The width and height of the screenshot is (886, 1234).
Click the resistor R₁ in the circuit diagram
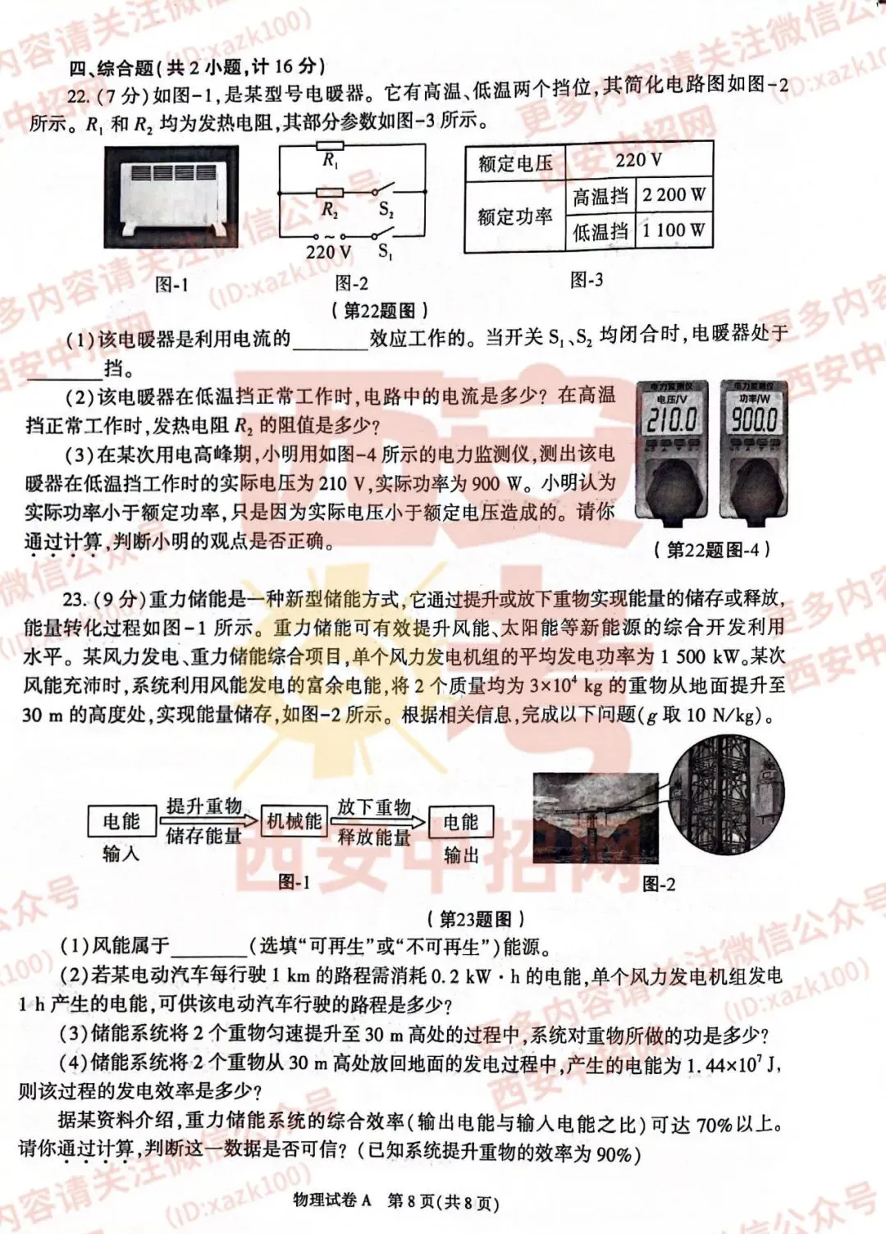tap(330, 148)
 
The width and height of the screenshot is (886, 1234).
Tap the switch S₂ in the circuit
tap(383, 194)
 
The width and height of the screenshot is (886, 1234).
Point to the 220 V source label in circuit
tap(328, 252)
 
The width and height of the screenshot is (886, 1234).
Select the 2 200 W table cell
tap(674, 195)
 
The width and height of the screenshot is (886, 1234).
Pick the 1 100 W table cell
tap(674, 231)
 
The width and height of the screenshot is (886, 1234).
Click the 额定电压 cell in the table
tap(515, 162)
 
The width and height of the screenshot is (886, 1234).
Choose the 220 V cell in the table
tap(638, 160)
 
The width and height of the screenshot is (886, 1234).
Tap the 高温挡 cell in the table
tap(601, 196)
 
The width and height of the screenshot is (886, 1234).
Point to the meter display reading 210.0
tap(672, 420)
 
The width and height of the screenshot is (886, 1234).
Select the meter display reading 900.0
tap(754, 420)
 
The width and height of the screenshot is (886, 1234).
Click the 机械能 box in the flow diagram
tap(294, 821)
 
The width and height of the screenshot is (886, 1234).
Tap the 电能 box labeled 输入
tap(121, 821)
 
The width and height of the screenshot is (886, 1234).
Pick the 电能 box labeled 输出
tap(460, 822)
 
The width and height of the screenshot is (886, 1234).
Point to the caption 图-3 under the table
tap(586, 280)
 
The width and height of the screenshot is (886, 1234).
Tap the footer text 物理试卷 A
tap(331, 1201)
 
